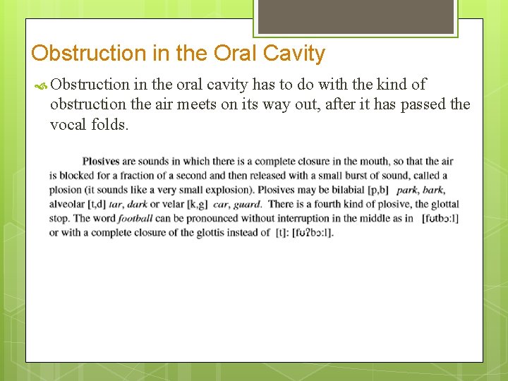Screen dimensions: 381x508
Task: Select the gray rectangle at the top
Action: (355, 16)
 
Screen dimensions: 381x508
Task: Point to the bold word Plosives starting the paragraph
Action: (100, 162)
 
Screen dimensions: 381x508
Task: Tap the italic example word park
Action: (406, 190)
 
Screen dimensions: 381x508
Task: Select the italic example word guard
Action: (247, 204)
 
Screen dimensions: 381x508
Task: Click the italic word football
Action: (135, 218)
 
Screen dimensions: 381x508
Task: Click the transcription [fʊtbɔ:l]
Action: (439, 218)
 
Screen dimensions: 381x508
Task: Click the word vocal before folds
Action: (68, 125)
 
